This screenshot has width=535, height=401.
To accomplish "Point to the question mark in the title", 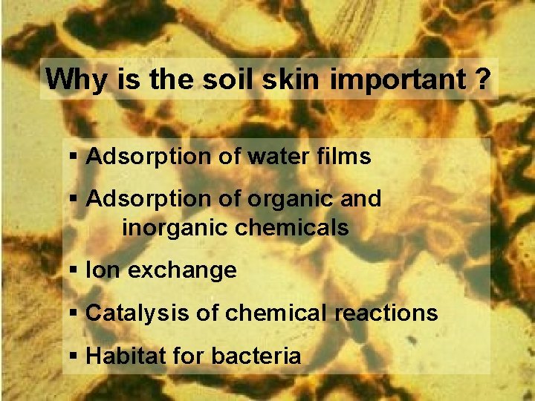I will coord(479,79).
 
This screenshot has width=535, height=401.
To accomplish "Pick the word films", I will coord(346,157).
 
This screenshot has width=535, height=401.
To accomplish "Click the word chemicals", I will coord(292,228).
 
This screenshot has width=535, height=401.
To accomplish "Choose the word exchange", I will coord(182,271).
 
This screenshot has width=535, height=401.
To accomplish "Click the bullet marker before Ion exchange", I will coord(73,271).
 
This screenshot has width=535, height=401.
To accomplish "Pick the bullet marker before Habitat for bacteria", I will coord(73,356).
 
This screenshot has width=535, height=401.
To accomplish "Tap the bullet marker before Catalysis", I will coord(73,314).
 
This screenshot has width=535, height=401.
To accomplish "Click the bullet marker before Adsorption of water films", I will coord(73,157).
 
